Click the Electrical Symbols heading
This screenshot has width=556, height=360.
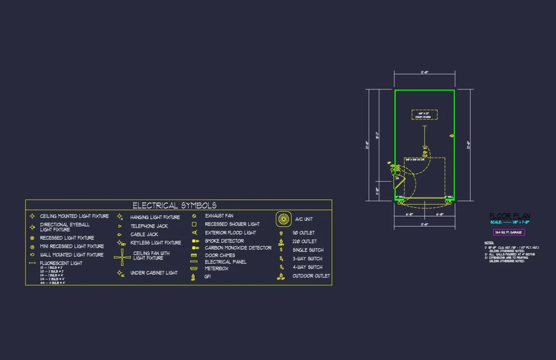pyautogui.click(x=174, y=205)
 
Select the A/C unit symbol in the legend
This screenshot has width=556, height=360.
pyautogui.click(x=284, y=219)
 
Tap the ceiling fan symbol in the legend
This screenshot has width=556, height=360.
pyautogui.click(x=122, y=257)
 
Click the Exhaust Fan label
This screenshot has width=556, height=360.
pyautogui.click(x=219, y=216)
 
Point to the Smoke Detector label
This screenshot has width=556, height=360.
pyautogui.click(x=224, y=241)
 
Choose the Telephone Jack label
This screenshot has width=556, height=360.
pyautogui.click(x=149, y=226)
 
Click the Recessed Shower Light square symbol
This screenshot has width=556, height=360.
pyautogui.click(x=194, y=224)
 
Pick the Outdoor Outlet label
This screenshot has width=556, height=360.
pyautogui.click(x=311, y=276)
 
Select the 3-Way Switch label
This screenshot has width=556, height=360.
pyautogui.click(x=307, y=258)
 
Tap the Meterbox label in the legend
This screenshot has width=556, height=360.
pyautogui.click(x=216, y=268)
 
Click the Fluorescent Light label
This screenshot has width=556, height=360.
pyautogui.click(x=61, y=263)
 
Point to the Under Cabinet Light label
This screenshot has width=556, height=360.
pyautogui.click(x=154, y=273)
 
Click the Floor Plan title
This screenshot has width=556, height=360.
pyautogui.click(x=509, y=216)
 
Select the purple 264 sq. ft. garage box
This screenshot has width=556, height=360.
pyautogui.click(x=509, y=232)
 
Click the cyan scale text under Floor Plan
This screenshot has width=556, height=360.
pyautogui.click(x=509, y=222)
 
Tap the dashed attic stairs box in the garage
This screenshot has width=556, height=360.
pyautogui.click(x=424, y=115)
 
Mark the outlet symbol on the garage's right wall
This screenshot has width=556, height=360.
pyautogui.click(x=451, y=136)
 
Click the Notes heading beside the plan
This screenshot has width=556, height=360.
pyautogui.click(x=489, y=243)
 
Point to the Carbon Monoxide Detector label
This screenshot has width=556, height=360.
pyautogui.click(x=238, y=248)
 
